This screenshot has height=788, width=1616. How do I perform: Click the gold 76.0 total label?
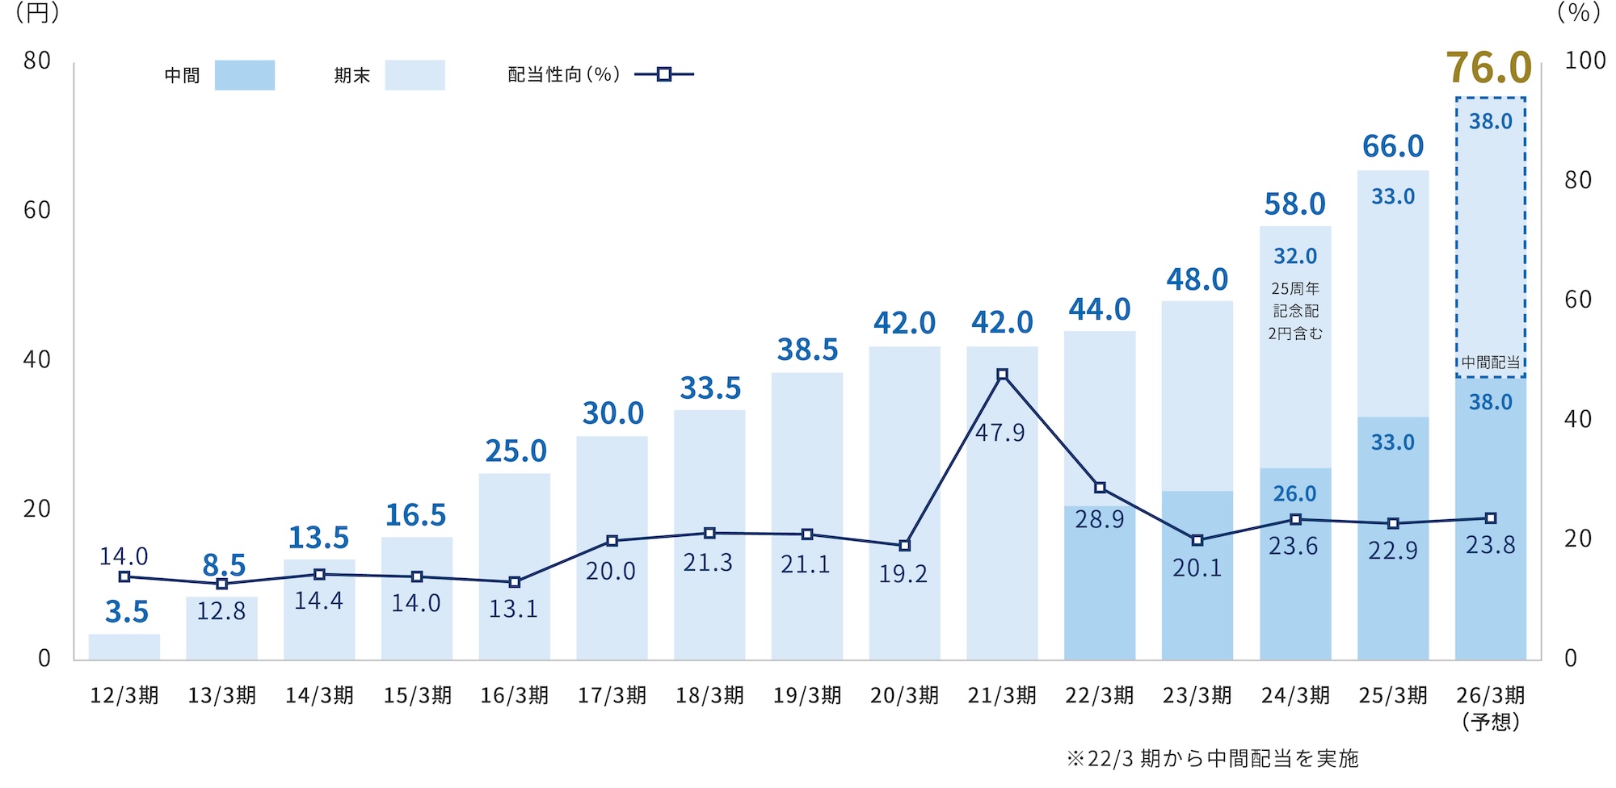(x=1488, y=67)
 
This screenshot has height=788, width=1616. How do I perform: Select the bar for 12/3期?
(x=124, y=647)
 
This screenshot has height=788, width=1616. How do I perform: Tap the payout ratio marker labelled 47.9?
(x=1002, y=375)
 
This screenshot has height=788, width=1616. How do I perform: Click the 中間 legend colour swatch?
(x=244, y=75)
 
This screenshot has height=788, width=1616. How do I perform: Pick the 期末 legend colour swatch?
(x=415, y=75)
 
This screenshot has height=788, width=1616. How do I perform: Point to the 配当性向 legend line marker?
(x=663, y=75)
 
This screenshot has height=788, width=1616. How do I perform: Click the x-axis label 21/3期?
(x=1002, y=695)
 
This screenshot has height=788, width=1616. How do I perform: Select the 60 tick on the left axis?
(x=37, y=210)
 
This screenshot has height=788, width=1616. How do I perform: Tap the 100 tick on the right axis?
(x=1584, y=61)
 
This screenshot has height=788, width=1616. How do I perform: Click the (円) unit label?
(x=37, y=13)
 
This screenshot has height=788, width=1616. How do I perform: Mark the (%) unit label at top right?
(x=1578, y=13)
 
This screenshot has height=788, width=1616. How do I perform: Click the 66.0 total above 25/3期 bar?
(x=1392, y=146)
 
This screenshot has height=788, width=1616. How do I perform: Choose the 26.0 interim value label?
(x=1294, y=493)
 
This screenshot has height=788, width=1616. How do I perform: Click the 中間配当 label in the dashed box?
(x=1490, y=363)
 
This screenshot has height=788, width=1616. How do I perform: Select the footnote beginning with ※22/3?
(x=1212, y=758)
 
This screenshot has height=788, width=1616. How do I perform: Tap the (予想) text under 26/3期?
(x=1490, y=721)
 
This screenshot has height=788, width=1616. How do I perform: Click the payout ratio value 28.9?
(x=1099, y=519)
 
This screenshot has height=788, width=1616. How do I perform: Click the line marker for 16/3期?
(x=515, y=582)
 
